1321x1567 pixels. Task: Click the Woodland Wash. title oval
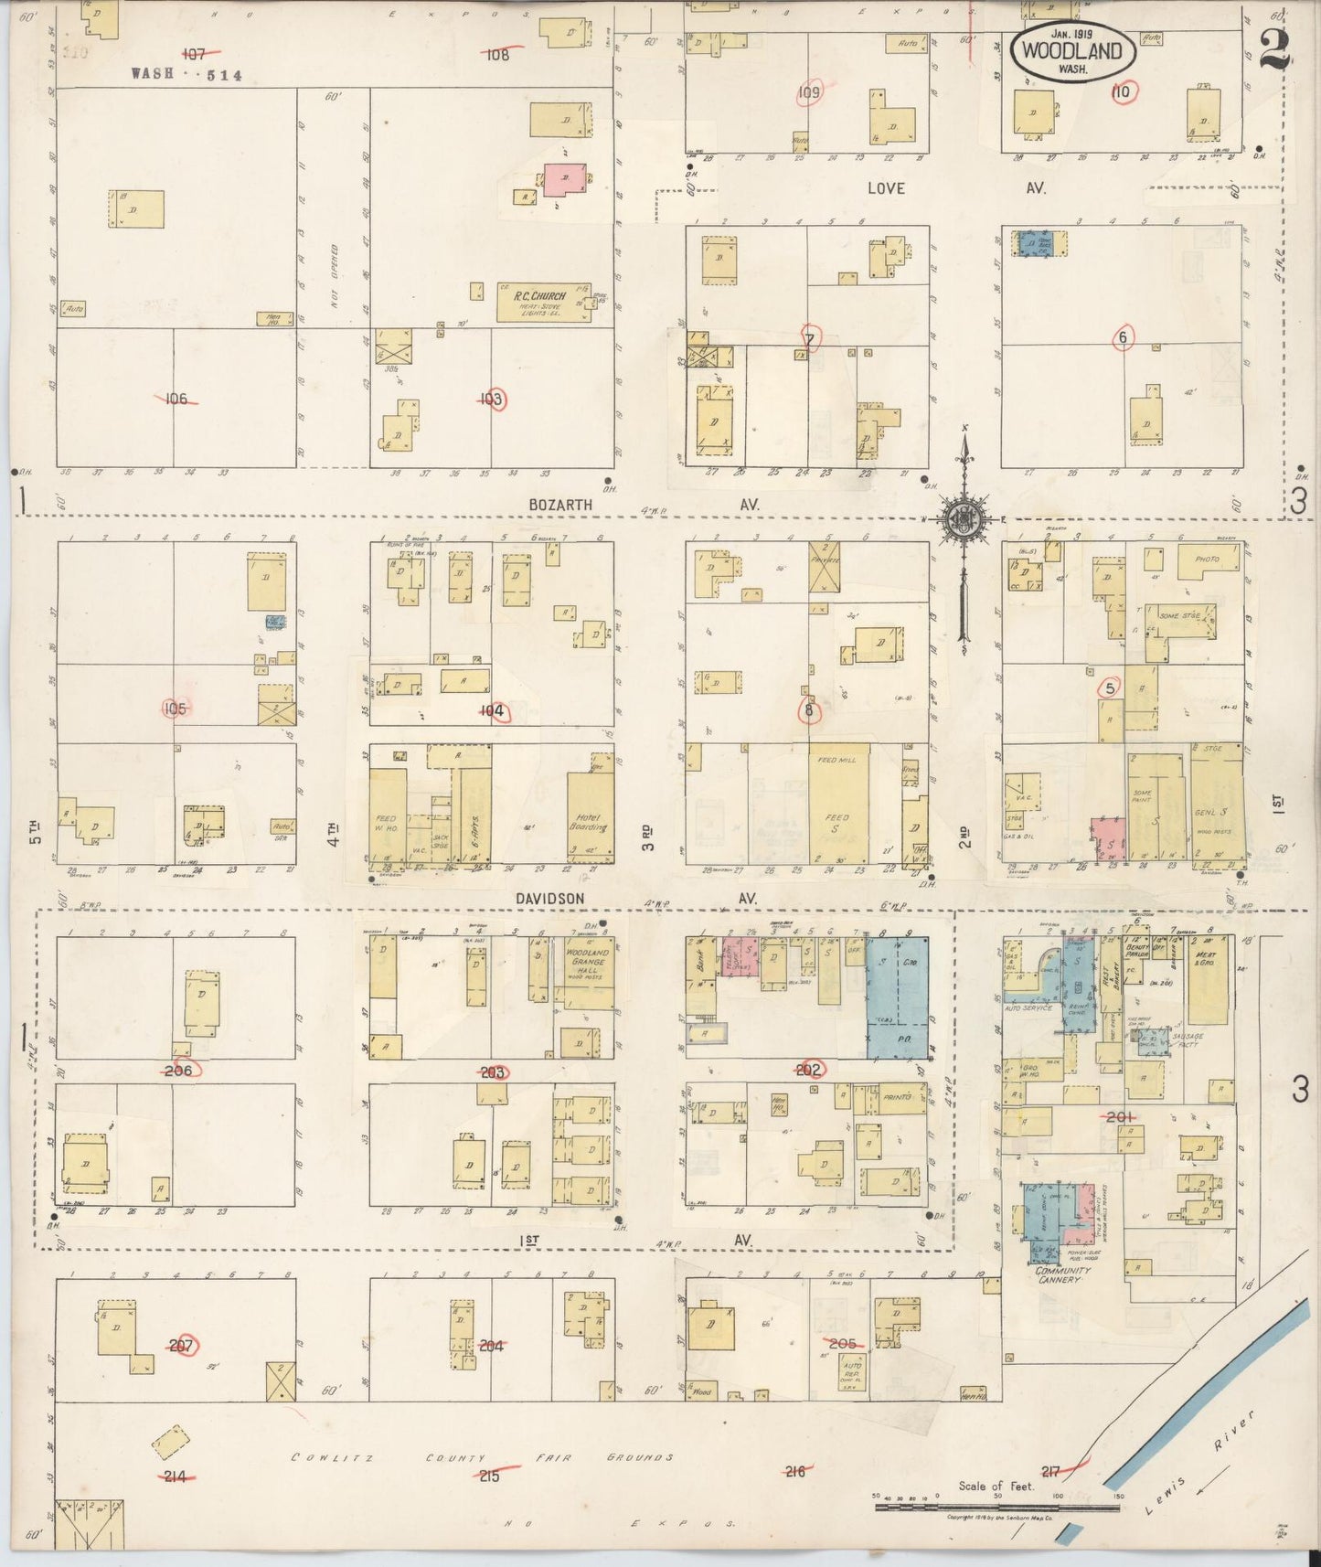1072,53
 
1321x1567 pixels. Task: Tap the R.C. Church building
542,302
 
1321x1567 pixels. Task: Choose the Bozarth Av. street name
560,505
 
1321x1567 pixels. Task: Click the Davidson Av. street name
550,899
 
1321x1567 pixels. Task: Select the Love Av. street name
886,188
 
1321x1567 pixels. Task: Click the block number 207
182,1345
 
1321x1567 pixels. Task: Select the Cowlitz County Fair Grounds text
482,1457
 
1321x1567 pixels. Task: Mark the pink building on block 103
566,178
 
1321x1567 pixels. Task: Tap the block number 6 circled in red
1123,337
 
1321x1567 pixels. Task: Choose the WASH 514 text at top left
186,76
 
